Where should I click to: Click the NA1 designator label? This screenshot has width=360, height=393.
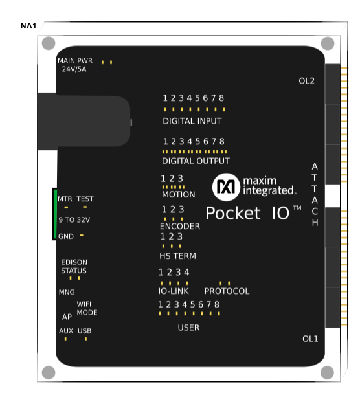[x=28, y=25]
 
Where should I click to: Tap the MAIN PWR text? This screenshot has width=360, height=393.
[x=75, y=60]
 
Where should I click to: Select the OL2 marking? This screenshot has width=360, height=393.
[x=306, y=81]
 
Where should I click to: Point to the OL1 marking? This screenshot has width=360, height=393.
[x=310, y=339]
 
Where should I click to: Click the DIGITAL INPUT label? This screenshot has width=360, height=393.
[x=192, y=121]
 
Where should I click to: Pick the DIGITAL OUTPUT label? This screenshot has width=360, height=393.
[x=196, y=161]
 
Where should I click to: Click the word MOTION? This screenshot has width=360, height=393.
[x=178, y=194]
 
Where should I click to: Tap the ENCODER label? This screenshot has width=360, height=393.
[x=180, y=227]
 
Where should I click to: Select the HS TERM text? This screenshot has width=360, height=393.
[x=177, y=256]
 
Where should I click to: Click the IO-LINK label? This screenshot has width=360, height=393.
[x=174, y=291]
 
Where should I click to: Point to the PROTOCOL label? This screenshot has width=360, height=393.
[x=227, y=291]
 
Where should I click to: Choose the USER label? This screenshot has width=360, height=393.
[x=188, y=328]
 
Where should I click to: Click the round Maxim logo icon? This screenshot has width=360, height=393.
[x=226, y=187]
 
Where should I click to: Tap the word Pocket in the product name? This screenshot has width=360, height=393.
[x=233, y=213]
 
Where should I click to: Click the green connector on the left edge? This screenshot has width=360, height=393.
[x=54, y=214]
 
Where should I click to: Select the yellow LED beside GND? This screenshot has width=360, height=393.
[x=82, y=236]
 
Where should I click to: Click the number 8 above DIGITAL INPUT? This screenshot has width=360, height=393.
[x=221, y=98]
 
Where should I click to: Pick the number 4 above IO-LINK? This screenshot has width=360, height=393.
[x=186, y=272]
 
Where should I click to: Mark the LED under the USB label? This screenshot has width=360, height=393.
[x=85, y=339]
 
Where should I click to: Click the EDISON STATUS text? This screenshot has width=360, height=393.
[x=74, y=267]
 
